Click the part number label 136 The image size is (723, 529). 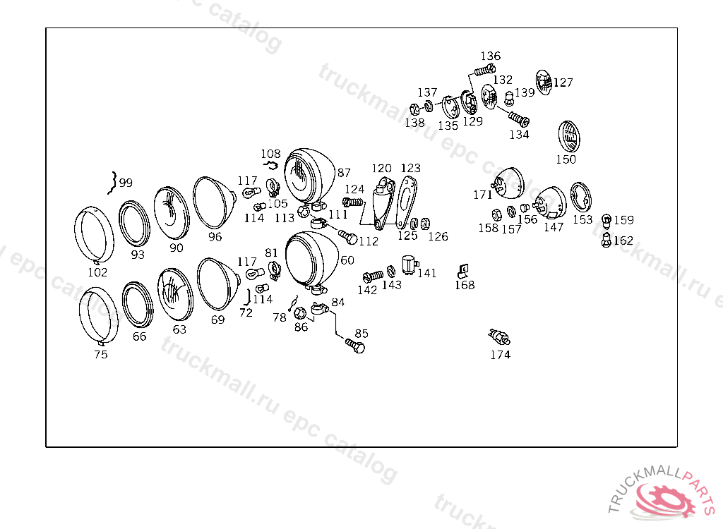coord(490,56)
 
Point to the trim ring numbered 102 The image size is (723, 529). coord(94,235)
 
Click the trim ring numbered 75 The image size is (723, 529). coord(98,316)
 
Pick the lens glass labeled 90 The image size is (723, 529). coord(172,212)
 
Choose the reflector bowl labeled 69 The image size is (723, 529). coord(218,284)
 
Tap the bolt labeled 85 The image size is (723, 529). coord(355,346)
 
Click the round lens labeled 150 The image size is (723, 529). coord(568,137)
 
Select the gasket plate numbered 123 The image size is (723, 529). coord(406,202)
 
